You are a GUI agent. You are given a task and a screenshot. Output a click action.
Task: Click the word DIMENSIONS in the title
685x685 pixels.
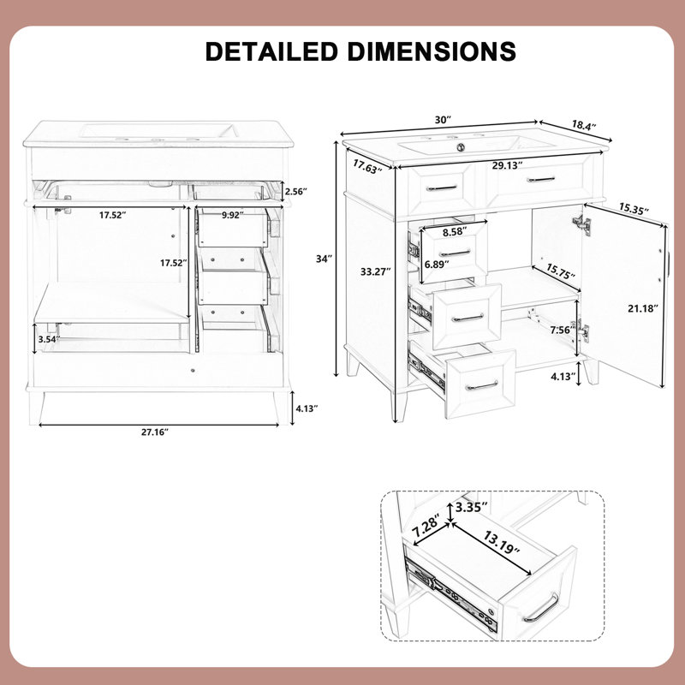tap(432, 51)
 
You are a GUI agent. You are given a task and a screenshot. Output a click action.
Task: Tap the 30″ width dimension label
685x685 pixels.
tap(442, 120)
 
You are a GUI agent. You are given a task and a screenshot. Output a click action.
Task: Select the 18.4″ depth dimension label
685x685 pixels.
tap(584, 125)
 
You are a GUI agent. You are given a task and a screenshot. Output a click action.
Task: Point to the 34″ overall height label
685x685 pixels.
tap(325, 259)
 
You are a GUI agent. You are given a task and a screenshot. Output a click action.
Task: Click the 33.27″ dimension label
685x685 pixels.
tap(375, 271)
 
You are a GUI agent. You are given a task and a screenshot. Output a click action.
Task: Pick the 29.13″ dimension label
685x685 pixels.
tap(508, 165)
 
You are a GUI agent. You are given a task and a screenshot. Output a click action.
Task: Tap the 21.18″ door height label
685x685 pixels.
tap(643, 309)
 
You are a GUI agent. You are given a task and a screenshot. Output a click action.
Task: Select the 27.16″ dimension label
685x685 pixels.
tap(155, 432)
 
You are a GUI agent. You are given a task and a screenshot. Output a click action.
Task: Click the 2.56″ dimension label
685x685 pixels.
tap(295, 191)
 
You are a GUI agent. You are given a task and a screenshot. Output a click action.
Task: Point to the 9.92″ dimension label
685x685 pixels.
tap(232, 215)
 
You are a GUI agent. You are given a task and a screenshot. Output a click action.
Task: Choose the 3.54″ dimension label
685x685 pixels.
tap(49, 339)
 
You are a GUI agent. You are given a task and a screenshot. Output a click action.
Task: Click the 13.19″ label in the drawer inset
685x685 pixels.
tap(502, 542)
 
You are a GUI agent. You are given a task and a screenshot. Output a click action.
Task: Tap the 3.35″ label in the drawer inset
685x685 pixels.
tap(471, 507)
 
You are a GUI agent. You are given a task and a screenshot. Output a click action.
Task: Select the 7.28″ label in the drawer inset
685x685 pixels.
tap(426, 527)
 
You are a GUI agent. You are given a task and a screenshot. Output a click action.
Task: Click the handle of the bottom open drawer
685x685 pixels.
tap(481, 386)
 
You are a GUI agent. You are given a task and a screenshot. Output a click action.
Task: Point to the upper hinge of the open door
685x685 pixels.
tap(582, 223)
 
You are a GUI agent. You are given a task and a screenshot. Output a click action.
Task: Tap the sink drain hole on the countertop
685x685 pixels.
tap(460, 147)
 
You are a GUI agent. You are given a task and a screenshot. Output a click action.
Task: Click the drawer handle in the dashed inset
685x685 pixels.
tap(541, 608)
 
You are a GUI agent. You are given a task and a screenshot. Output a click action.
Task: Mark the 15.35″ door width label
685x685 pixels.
tap(634, 208)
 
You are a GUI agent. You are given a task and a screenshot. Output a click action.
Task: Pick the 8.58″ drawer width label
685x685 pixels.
tap(455, 231)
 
